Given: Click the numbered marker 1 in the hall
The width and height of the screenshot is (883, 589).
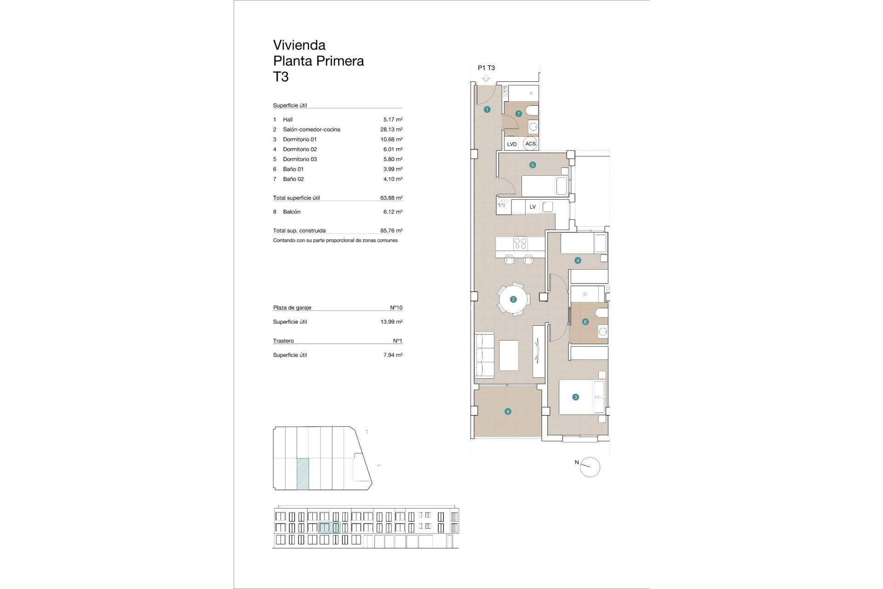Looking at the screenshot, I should pos(487,110).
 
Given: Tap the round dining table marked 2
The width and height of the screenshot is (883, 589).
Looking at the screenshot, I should pos(513,300).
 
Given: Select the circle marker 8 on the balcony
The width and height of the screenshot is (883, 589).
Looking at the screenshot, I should pos(508,412).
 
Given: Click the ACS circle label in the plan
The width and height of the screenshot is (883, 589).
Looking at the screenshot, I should pos(530,144).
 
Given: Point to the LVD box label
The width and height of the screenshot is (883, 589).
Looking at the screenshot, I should pos(512,144).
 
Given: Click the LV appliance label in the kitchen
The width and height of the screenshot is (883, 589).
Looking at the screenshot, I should pos(533,207).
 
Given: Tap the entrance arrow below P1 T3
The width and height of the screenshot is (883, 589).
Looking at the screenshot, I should pos(486,79).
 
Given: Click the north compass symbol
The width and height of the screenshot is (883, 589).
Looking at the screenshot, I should pos(590,467).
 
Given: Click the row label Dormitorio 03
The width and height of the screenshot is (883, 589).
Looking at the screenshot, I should pos(300,159).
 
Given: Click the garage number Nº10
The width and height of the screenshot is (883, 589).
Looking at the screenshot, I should pos(396,308).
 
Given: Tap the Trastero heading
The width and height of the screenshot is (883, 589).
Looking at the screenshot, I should pos(283,341).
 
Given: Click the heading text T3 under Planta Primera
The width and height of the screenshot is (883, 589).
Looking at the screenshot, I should pos(281,76).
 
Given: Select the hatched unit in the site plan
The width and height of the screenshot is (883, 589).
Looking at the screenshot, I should pos(303,474).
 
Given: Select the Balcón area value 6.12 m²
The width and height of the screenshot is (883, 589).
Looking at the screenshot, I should pos(393,212).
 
